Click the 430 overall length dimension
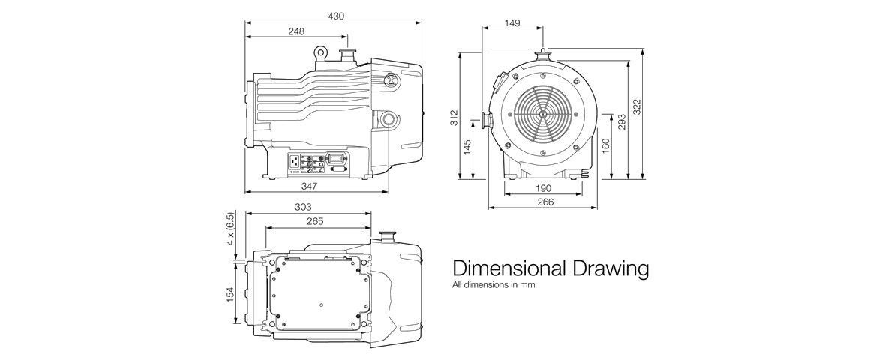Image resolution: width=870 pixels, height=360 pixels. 336,16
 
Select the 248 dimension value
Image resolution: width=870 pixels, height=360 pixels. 296,31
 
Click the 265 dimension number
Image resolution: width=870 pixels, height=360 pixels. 314,221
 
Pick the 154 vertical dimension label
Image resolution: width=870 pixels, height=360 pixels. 230,293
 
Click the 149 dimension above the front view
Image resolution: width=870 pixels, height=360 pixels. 512,22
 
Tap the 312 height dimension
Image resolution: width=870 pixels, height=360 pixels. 454,118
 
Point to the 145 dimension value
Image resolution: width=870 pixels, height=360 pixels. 467,147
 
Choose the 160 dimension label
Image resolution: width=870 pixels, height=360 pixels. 606,146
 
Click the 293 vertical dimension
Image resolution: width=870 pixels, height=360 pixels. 622,122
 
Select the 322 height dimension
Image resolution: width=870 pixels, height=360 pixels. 637,107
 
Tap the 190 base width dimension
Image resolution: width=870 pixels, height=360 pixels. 544,188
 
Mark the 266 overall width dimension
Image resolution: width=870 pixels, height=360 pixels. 545,202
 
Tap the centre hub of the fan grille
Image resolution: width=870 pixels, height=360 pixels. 543,115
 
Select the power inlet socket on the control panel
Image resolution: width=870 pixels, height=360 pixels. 294,161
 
